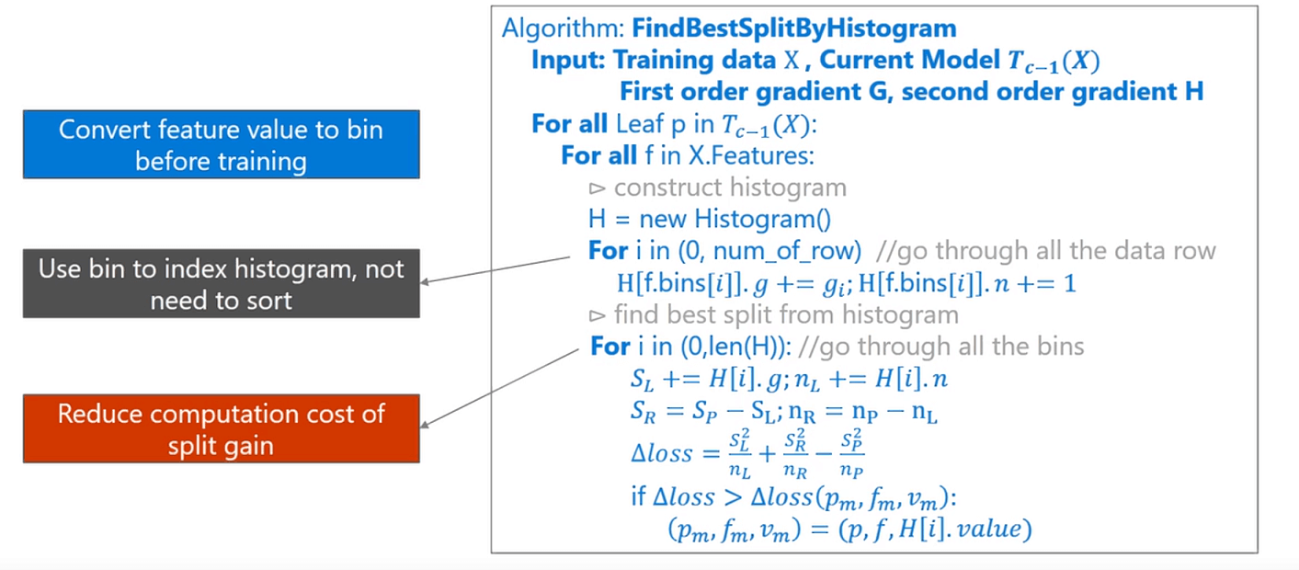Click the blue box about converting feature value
coord(221,144)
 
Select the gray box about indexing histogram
coord(221,284)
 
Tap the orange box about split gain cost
coord(221,428)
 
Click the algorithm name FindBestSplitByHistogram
coord(794,28)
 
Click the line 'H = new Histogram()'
coord(709,219)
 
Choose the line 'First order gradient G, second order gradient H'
coord(911,92)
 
